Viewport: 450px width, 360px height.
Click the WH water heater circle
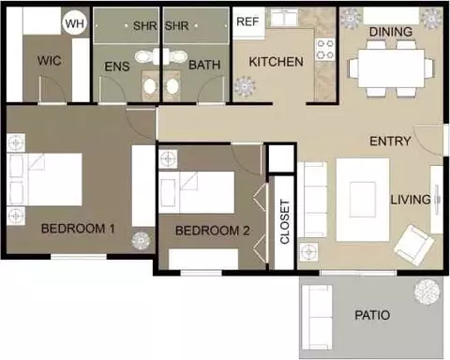[x=75, y=23]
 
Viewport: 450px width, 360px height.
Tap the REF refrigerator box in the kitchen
[x=248, y=22]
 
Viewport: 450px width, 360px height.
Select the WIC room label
[x=49, y=61]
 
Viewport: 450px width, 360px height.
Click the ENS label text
[x=117, y=67]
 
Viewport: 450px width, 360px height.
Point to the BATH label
[x=204, y=65]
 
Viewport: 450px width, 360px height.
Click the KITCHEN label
[x=276, y=62]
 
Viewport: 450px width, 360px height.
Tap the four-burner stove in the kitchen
[x=325, y=49]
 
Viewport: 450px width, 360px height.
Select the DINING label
[x=391, y=32]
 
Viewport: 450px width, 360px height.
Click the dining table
[x=391, y=68]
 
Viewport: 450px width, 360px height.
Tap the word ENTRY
[x=390, y=142]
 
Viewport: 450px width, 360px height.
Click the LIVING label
[x=411, y=200]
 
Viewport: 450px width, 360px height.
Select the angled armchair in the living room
[x=413, y=246]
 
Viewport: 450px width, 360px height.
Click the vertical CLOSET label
[x=285, y=221]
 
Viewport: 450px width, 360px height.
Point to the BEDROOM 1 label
[x=78, y=229]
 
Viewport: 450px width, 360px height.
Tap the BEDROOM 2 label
[x=213, y=231]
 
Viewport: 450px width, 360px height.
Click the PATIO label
[x=372, y=315]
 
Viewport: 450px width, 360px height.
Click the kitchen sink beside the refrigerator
[x=282, y=17]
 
